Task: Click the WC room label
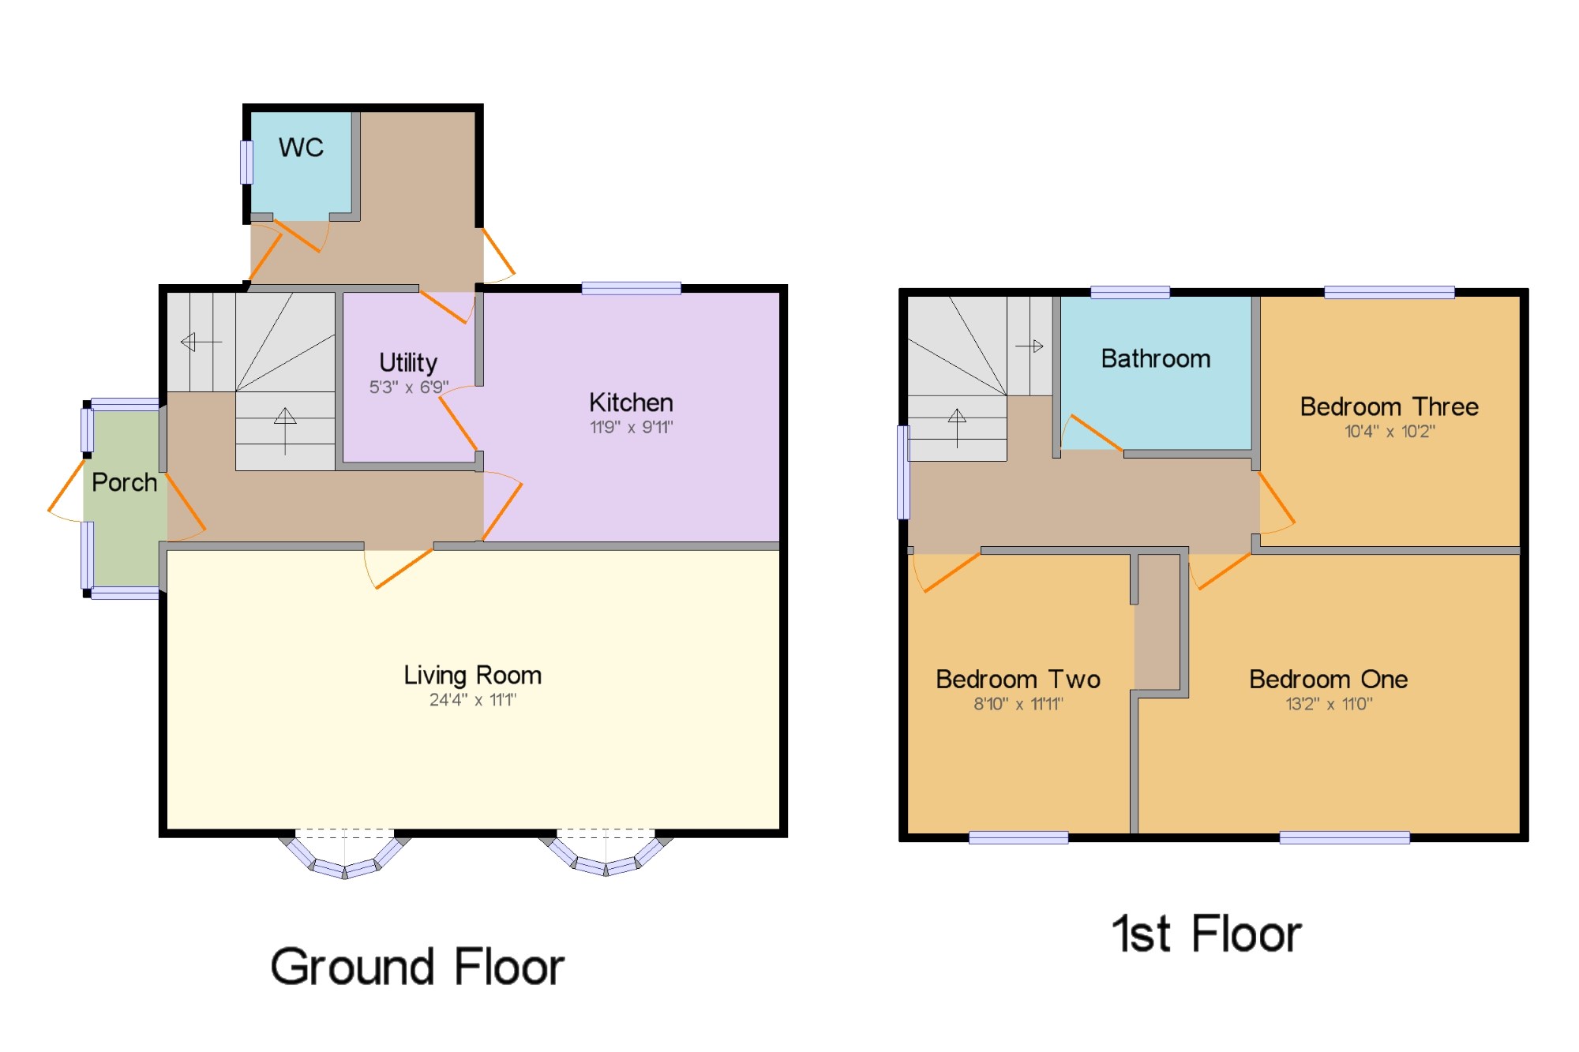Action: (x=301, y=148)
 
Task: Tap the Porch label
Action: (x=125, y=482)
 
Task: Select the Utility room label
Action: (x=408, y=362)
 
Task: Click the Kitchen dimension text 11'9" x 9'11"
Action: (x=632, y=427)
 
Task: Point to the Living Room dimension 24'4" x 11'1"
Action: (x=473, y=699)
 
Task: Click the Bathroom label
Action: (x=1156, y=359)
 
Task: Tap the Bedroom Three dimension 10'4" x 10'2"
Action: (x=1390, y=431)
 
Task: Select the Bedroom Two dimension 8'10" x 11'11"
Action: (x=1018, y=703)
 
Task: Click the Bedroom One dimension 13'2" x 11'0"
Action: (x=1330, y=703)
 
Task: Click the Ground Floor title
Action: (x=418, y=967)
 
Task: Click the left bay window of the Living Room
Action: (x=345, y=855)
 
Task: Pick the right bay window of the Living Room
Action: (x=606, y=855)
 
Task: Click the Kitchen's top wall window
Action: (x=632, y=288)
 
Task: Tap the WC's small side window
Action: (x=247, y=162)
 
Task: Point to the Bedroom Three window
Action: (x=1390, y=293)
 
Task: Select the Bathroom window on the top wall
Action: (x=1131, y=293)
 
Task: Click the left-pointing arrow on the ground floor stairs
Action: (x=201, y=342)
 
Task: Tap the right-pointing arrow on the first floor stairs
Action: (x=1030, y=346)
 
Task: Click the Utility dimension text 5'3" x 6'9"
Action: (x=409, y=387)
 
